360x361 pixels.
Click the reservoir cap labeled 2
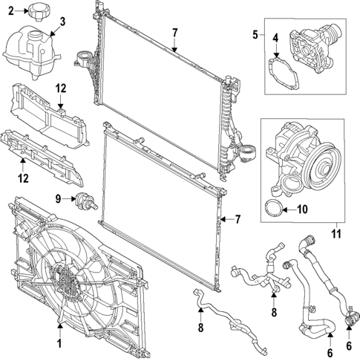39,10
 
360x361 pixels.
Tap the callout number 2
10,11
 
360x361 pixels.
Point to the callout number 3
62,21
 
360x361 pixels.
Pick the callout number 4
275,37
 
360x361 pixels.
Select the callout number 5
256,34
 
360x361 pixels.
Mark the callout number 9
57,198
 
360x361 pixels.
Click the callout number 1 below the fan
59,343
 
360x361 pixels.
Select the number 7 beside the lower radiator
238,219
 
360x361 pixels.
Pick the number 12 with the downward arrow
61,89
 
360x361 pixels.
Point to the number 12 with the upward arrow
22,178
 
